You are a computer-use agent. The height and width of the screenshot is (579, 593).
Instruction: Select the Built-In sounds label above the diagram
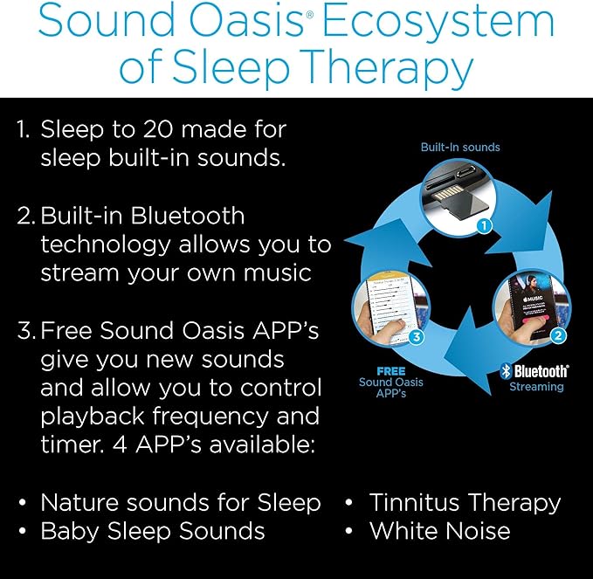[x=460, y=147]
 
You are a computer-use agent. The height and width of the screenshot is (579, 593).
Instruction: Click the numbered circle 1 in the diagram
[x=486, y=225]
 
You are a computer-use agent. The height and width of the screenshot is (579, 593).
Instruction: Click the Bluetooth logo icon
[x=505, y=371]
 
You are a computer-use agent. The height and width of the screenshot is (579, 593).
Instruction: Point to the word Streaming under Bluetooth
[x=536, y=386]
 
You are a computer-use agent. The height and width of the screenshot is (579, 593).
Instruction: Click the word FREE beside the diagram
[x=390, y=371]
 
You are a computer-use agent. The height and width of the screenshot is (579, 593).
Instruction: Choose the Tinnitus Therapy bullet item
[x=464, y=502]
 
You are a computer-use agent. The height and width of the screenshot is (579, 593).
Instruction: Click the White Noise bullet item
[x=439, y=530]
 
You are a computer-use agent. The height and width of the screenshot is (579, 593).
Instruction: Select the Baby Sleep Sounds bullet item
[x=153, y=530]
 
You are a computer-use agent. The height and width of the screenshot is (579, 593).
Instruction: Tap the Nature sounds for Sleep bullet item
[x=181, y=502]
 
